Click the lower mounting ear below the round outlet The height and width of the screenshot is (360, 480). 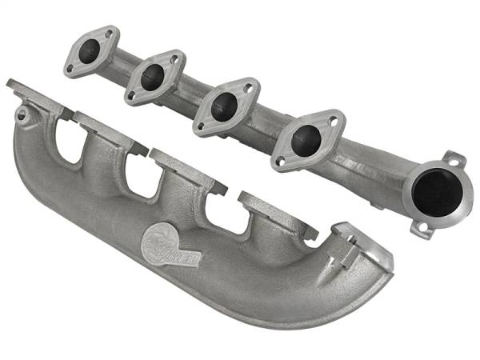[x=419, y=229]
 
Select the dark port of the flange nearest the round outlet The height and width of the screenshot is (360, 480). [x=306, y=141]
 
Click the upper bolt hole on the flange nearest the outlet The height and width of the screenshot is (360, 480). [x=334, y=122]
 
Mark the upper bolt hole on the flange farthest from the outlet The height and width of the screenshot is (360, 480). [x=106, y=35]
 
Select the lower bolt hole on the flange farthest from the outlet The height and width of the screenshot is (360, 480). [x=70, y=68]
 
